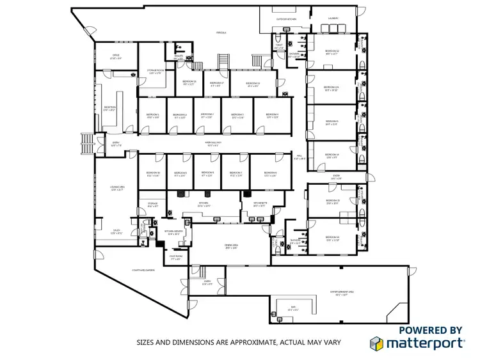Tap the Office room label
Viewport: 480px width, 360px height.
(116, 56)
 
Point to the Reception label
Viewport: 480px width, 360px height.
(110, 108)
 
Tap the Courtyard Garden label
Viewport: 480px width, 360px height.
(144, 270)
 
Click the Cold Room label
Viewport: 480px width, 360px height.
(175, 257)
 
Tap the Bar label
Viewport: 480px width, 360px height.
(293, 308)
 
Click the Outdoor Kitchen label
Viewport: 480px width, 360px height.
(286, 19)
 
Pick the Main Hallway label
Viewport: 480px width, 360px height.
(212, 143)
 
